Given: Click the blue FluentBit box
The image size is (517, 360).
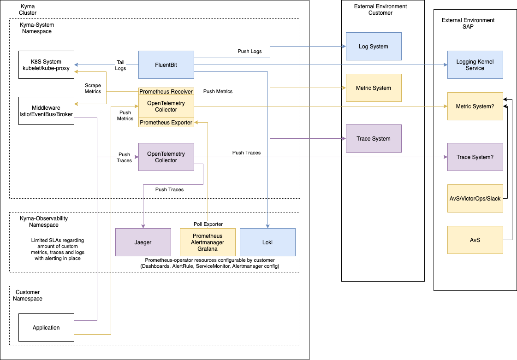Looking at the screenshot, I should click(x=166, y=65).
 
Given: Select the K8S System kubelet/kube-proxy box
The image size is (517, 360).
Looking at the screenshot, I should click(x=46, y=65).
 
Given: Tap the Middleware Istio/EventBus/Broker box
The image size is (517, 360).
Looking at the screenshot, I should click(x=46, y=111).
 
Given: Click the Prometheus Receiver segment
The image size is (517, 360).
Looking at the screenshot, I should click(x=166, y=92).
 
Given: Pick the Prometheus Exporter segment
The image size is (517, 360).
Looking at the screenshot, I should click(x=166, y=123).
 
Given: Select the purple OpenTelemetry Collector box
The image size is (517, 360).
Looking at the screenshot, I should click(x=166, y=157).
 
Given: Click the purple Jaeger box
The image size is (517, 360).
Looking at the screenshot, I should click(x=143, y=242).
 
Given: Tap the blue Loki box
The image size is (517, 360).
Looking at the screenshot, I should click(x=267, y=242).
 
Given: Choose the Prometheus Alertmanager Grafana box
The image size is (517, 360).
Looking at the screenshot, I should click(x=208, y=242).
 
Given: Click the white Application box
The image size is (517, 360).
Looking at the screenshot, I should click(x=46, y=327).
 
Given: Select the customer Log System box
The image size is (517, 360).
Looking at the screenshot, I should click(x=374, y=46).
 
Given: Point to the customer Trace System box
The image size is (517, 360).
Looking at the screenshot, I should click(x=374, y=138).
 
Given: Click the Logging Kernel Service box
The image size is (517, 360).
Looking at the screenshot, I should click(x=475, y=65).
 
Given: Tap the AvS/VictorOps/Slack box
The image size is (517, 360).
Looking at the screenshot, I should click(x=475, y=198).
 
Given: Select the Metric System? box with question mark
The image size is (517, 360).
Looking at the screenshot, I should click(x=475, y=106).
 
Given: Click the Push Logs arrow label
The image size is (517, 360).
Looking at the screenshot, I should click(x=250, y=51).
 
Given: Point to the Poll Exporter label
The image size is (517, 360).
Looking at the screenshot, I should click(x=208, y=224).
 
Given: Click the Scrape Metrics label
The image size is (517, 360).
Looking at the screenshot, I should click(x=93, y=88).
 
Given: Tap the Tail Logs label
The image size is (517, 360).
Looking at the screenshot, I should click(x=120, y=65).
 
